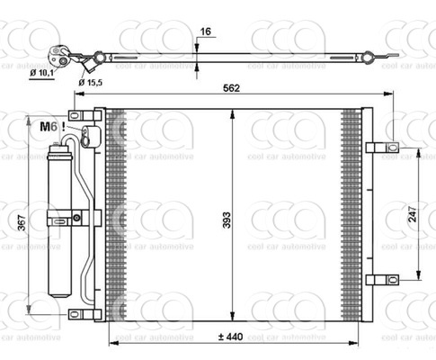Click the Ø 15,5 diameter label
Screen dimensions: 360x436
[x=93, y=83]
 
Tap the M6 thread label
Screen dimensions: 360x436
[x=49, y=127]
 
